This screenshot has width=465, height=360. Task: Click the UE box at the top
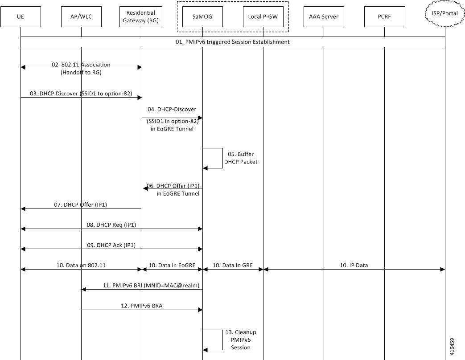[21, 16]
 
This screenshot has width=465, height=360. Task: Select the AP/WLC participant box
[81, 16]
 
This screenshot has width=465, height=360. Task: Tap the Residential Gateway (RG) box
[141, 16]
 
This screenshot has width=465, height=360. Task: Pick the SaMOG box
[202, 16]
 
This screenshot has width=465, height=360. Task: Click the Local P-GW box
[263, 16]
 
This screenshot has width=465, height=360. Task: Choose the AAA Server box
[324, 16]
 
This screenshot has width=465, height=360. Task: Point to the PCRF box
[385, 16]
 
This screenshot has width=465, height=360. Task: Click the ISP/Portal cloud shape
[445, 14]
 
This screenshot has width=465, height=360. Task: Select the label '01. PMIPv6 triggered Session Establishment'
[233, 42]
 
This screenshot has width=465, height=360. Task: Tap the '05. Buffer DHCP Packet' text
[241, 158]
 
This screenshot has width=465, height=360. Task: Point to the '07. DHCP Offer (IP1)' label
[80, 205]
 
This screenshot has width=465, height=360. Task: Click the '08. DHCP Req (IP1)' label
[111, 225]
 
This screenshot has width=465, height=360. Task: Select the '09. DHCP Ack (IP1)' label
[111, 245]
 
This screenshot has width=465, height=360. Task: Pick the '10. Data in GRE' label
[233, 265]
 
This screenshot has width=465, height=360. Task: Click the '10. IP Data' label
[354, 265]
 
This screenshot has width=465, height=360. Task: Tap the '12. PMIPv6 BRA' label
[141, 306]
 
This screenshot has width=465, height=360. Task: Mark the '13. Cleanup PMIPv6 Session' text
[241, 340]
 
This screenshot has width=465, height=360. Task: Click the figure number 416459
[452, 347]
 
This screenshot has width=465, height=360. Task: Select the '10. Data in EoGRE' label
[172, 265]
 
